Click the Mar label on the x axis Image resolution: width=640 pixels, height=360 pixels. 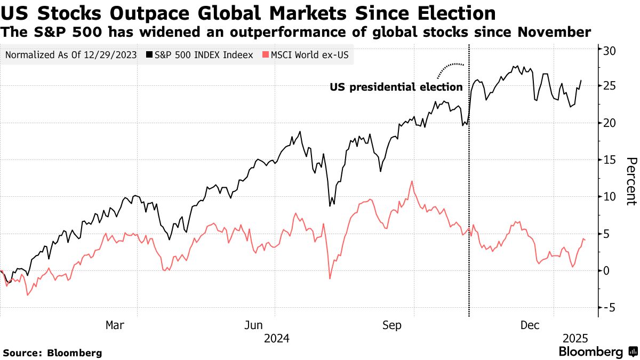point(115,325)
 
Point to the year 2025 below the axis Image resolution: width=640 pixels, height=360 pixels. point(575,338)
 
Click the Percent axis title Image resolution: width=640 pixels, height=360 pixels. point(631,181)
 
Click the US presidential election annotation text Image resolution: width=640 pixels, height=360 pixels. point(396,86)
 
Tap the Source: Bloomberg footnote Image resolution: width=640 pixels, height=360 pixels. point(52,353)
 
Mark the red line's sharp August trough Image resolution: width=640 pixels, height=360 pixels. point(330,278)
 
